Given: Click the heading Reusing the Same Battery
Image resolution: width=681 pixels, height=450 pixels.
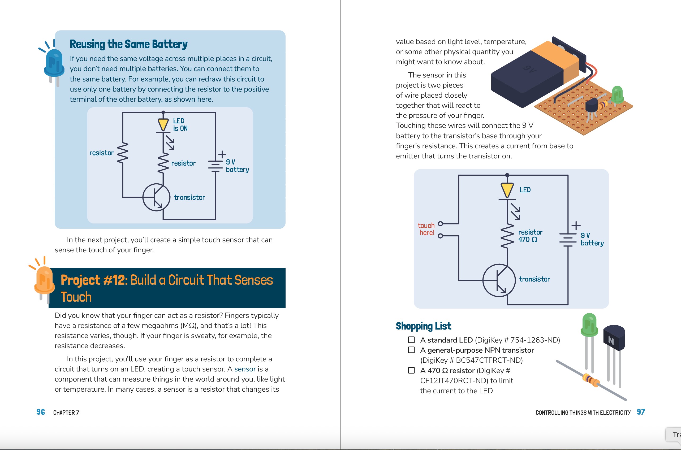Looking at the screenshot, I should point(128,44).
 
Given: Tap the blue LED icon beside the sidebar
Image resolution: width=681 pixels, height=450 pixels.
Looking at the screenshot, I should point(54,64).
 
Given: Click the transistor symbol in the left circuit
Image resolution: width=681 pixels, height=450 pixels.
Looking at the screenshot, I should point(156,197).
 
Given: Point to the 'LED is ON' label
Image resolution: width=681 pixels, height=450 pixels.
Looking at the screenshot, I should point(180,124).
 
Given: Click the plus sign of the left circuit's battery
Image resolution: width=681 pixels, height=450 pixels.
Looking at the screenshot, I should point(222,154).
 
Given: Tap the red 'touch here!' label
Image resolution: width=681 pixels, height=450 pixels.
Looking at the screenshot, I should point(426,229).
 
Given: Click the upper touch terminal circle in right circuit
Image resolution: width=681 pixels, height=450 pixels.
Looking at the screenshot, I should point(441,224).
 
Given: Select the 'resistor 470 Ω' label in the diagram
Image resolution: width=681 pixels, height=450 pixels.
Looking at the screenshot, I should point(530,236).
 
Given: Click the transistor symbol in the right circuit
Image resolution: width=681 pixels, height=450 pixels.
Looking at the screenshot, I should point(499,280).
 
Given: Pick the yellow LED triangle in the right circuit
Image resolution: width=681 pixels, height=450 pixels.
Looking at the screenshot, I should point(507,190).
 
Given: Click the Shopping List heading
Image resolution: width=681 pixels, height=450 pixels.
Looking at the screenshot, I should point(423,326).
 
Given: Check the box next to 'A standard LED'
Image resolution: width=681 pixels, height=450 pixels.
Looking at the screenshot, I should point(411,340).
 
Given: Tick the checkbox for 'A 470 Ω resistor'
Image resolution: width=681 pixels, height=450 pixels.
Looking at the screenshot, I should point(411,370).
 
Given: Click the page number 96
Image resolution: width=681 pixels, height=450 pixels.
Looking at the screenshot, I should point(40,412).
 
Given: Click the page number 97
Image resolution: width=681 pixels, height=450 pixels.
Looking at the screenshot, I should point(641,412).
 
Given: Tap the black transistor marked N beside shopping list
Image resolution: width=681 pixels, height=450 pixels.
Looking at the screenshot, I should point(614,339).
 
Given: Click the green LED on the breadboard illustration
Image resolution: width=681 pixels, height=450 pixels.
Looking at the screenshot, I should point(617,94).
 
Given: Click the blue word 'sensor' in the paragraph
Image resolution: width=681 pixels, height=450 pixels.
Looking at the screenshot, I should point(245,369).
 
